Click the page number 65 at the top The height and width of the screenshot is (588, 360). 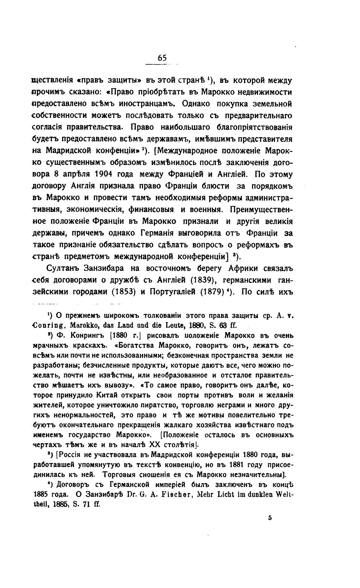(x=162, y=58)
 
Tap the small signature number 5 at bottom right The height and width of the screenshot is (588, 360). (x=270, y=518)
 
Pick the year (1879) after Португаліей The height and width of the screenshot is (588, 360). (x=213, y=292)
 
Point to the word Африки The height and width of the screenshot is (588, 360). (x=244, y=269)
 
